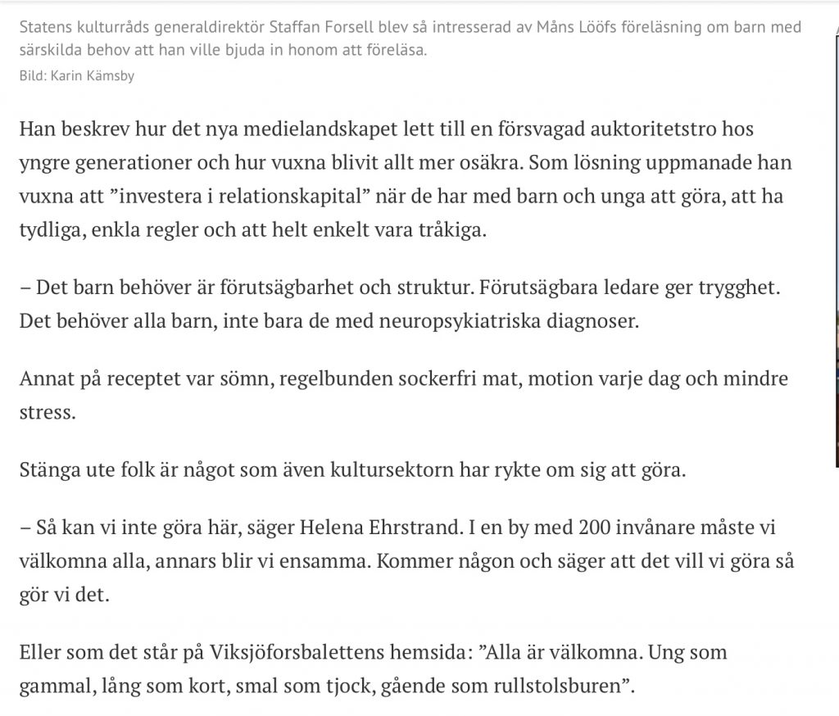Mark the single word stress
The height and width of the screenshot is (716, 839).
tap(46, 412)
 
